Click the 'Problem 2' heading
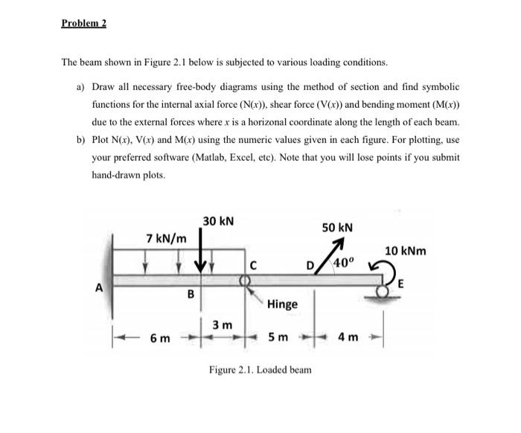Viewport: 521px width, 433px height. click(x=84, y=24)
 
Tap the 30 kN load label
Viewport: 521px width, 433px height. click(x=218, y=221)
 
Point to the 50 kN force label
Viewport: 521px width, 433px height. click(x=337, y=226)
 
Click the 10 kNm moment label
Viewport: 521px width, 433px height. click(x=405, y=251)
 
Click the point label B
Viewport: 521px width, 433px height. click(x=189, y=295)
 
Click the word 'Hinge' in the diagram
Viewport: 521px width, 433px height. click(x=282, y=304)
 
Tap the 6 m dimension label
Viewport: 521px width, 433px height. click(x=158, y=339)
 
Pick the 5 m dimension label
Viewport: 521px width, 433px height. click(x=276, y=339)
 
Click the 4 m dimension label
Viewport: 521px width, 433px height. click(x=348, y=339)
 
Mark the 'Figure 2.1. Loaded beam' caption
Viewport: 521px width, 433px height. click(x=260, y=370)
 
